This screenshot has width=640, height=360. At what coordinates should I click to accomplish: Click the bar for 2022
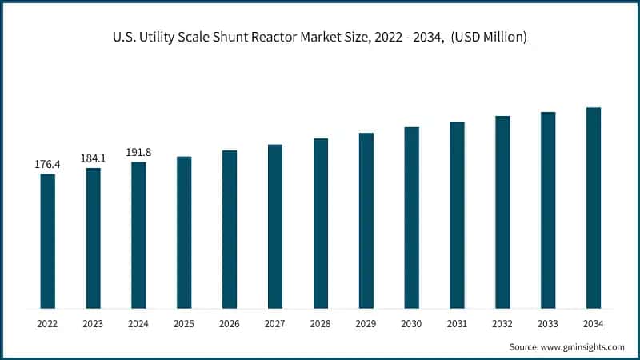48,241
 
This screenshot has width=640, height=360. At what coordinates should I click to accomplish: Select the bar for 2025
184,232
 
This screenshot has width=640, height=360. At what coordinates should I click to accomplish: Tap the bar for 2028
321,223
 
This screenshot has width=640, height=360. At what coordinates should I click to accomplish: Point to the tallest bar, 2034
593,208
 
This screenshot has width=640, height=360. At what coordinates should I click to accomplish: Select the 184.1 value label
94,158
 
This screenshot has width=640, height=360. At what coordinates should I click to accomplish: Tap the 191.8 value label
139,152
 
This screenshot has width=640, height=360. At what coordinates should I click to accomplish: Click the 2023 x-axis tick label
94,323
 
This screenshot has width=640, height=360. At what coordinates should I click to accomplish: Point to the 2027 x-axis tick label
275,323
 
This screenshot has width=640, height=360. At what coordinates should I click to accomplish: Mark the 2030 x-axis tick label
411,323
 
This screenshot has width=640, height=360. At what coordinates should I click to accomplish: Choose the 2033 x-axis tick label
548,323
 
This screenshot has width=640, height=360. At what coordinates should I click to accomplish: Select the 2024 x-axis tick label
139,323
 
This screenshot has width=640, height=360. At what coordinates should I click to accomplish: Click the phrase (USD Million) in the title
486,38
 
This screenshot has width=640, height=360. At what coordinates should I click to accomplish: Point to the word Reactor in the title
286,38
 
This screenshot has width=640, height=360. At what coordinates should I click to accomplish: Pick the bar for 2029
366,220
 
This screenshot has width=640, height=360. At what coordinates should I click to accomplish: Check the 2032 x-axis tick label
502,323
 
